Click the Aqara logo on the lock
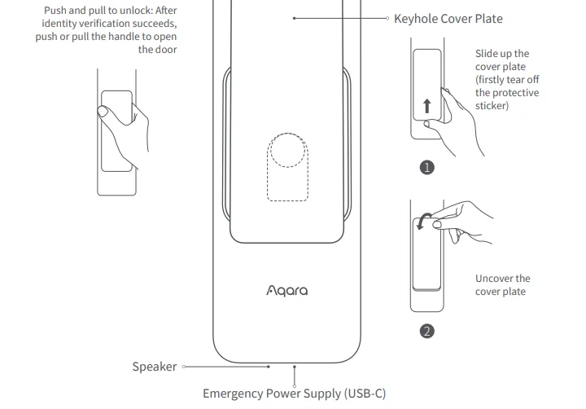click(286, 290)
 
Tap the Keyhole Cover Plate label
click(448, 18)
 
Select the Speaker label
click(154, 367)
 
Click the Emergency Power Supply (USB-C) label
click(294, 394)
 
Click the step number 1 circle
click(426, 167)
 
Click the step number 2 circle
click(426, 331)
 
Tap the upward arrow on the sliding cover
click(426, 106)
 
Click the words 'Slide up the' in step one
click(501, 54)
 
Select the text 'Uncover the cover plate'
click(502, 285)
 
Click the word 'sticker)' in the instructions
click(492, 106)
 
